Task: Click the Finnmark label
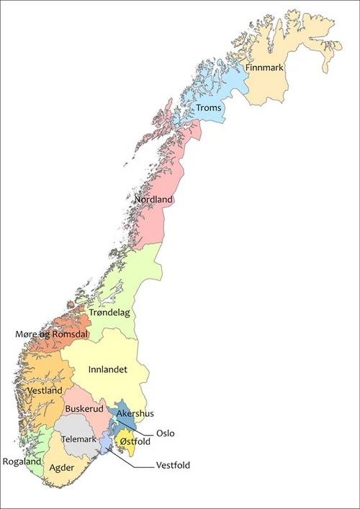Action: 266,68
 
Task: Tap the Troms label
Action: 209,108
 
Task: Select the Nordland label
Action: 153,199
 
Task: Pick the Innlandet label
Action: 107,369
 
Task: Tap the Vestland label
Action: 43,390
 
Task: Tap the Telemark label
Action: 78,438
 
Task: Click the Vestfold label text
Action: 173,465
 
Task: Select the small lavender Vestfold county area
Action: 105,441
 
